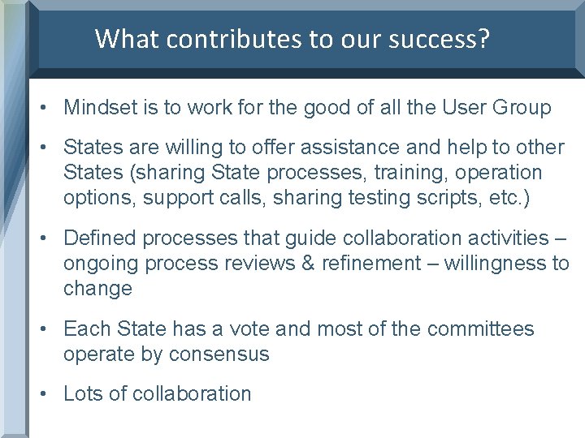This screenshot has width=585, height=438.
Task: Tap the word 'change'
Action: [x=97, y=289]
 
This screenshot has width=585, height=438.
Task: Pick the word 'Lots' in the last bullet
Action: [x=82, y=394]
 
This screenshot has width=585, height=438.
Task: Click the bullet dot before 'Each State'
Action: [x=46, y=329]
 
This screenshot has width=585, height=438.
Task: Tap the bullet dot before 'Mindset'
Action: [x=46, y=108]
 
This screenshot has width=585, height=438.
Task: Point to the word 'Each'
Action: [x=84, y=328]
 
